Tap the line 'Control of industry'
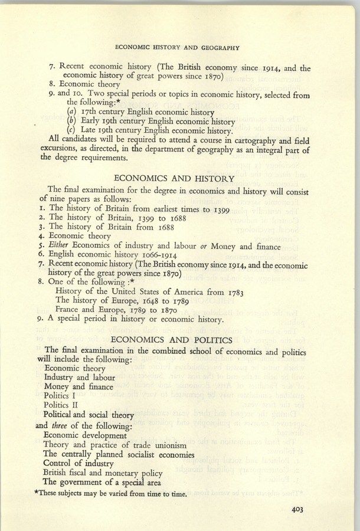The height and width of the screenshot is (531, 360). (x=79, y=464)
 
